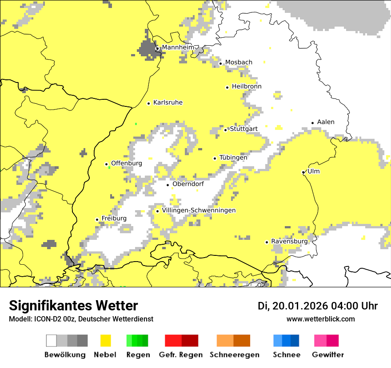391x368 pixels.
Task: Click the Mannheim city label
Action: point(178,47)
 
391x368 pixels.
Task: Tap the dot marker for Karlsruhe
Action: point(149,103)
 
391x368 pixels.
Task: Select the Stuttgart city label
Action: point(243,129)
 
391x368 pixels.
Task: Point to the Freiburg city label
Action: point(114,219)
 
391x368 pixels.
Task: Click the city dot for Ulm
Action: point(303,172)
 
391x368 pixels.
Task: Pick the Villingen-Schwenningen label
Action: point(199,211)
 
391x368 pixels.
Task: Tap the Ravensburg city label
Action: point(289,242)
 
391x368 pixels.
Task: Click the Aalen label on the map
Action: point(326,122)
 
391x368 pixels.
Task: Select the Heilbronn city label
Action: point(247,86)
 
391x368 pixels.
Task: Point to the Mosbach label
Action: point(239,63)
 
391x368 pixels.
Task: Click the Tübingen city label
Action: point(233,157)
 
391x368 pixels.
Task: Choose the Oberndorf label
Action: point(188,184)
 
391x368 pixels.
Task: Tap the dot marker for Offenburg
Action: point(107,164)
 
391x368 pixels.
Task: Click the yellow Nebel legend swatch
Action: point(106,341)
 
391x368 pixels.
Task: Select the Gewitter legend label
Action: point(327,355)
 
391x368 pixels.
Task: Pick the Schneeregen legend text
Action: point(234,355)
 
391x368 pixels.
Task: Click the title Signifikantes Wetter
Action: point(73,306)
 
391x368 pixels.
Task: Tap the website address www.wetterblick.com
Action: point(320,319)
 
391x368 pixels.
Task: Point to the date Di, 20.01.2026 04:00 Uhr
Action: point(317,306)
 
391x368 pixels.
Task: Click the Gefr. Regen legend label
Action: point(180,355)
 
